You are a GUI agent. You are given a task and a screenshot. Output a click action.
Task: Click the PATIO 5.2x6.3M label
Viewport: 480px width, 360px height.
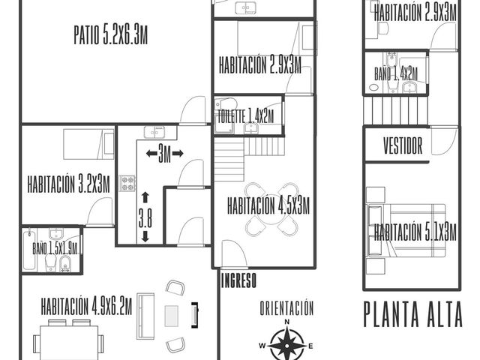click(x=111, y=35)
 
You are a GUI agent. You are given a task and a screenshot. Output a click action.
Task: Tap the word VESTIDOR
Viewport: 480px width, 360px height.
click(x=403, y=145)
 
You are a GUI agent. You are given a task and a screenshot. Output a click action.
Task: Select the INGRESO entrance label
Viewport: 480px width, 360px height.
click(x=238, y=280)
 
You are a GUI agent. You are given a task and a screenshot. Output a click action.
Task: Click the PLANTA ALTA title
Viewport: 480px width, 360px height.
click(x=413, y=314)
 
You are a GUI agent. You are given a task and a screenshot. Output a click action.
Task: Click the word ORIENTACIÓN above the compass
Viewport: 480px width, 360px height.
click(x=286, y=308)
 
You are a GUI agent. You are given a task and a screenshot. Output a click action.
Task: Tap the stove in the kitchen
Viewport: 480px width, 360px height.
click(x=127, y=183)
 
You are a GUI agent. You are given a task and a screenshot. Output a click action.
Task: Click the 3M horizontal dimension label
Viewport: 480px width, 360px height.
click(x=165, y=153)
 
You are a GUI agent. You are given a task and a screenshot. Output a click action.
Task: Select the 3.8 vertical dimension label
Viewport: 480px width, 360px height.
click(x=145, y=217)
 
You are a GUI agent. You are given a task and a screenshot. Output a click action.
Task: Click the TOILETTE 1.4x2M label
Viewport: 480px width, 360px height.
click(x=246, y=117)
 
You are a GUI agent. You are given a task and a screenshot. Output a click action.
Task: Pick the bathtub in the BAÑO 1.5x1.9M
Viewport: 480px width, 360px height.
click(x=29, y=250)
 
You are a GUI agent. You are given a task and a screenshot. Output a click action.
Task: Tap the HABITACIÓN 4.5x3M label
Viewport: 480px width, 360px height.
click(x=268, y=205)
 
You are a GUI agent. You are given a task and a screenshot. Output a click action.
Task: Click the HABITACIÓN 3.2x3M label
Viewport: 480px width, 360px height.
click(x=68, y=184)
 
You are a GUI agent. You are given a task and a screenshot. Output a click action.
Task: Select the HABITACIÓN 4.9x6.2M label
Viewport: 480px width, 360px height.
click(x=87, y=306)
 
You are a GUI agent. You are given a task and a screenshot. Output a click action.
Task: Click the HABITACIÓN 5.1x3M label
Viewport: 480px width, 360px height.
click(x=415, y=232)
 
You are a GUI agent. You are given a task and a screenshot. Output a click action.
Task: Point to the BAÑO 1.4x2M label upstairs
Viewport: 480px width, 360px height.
click(x=396, y=73)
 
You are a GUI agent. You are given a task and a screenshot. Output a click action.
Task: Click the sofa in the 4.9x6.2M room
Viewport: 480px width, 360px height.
click(x=145, y=316)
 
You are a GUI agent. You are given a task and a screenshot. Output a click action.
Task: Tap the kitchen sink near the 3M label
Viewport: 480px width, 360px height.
click(x=154, y=132)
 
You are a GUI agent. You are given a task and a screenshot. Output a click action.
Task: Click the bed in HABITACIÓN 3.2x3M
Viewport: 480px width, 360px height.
click(x=88, y=144)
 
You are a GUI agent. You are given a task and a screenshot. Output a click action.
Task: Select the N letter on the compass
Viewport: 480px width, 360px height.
click(x=287, y=322)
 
